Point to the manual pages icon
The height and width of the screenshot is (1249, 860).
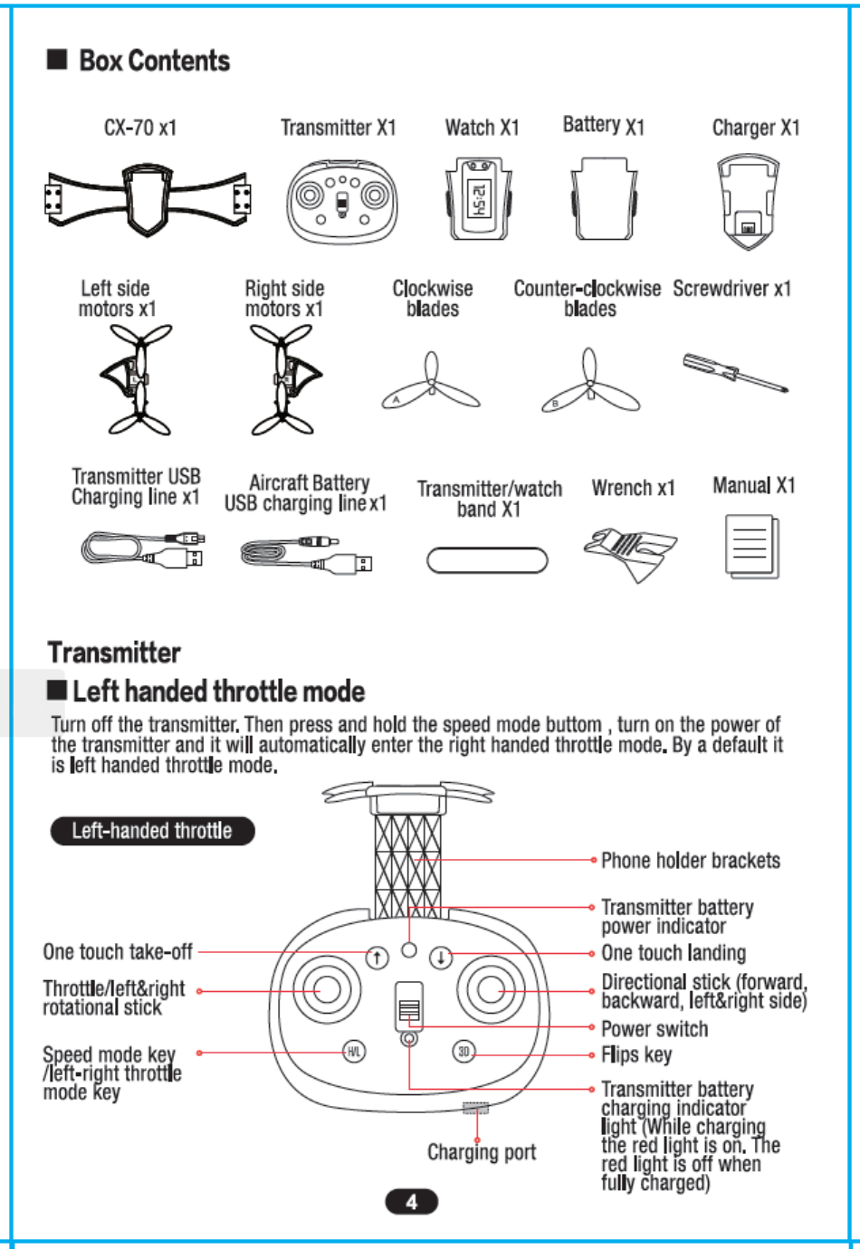coord(751,546)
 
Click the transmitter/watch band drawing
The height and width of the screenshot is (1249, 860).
coord(487,560)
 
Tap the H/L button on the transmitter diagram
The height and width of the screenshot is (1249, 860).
coord(354,1052)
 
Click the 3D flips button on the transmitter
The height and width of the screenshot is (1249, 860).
coord(463,1052)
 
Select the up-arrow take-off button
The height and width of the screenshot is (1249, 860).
coord(377,957)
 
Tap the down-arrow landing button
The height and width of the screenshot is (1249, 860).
coord(440,957)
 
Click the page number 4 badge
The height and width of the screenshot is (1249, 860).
coord(412,1202)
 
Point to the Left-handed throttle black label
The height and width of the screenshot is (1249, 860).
coord(152,831)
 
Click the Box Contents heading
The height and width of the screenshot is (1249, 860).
coord(154,61)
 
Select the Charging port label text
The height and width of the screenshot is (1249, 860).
coord(482,1152)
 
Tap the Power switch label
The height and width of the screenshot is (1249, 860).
coord(655,1029)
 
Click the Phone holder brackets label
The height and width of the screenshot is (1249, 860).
coord(690,861)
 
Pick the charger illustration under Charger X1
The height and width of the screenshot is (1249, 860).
coord(748,201)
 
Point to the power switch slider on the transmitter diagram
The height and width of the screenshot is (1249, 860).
coord(409,1007)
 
